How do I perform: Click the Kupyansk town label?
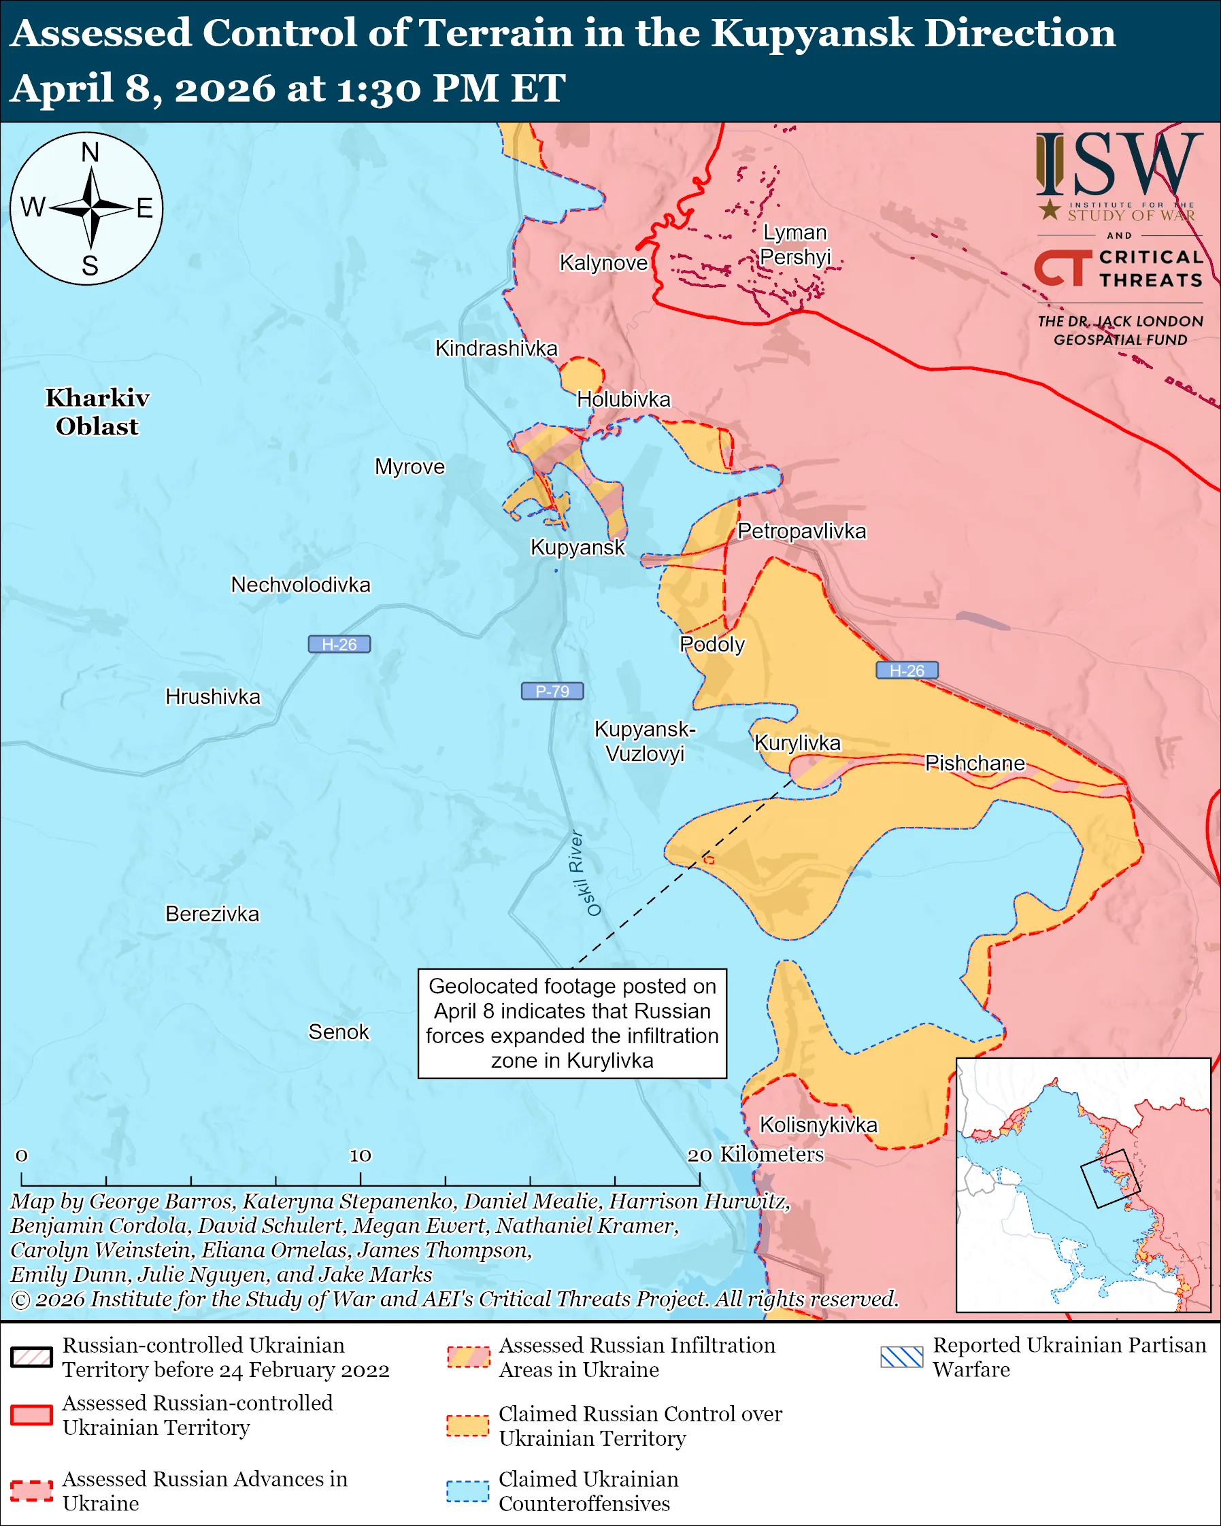[x=578, y=547]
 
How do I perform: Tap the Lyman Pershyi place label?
[x=795, y=245]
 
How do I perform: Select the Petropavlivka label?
[x=801, y=531]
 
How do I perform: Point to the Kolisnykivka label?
[x=818, y=1125]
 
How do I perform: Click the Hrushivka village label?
[x=212, y=696]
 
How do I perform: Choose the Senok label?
[x=338, y=1032]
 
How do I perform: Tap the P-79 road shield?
[x=552, y=691]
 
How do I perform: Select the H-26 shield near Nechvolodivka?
[x=339, y=644]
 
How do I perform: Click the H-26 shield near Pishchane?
[x=907, y=671]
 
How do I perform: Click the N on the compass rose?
[x=90, y=152]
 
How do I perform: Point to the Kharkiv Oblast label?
[x=97, y=412]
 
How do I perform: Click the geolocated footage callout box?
[x=572, y=1023]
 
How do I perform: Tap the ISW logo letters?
[x=1119, y=165]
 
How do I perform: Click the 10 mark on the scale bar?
[x=360, y=1156]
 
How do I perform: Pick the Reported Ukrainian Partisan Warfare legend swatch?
[x=902, y=1357]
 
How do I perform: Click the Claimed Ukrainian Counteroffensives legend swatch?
[x=467, y=1491]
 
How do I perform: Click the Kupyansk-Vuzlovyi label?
[x=644, y=741]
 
